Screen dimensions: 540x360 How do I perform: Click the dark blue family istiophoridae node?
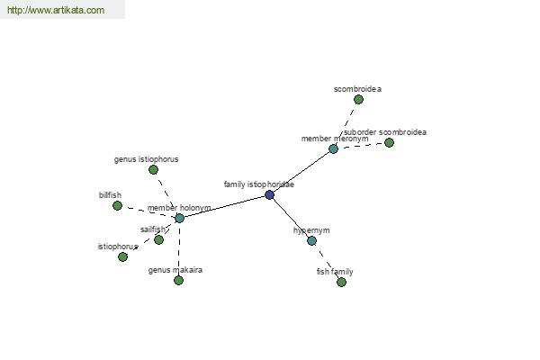(270, 195)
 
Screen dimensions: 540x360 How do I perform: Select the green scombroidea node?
(358, 100)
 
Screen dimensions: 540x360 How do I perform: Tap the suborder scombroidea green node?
(389, 142)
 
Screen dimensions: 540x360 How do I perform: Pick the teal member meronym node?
(333, 148)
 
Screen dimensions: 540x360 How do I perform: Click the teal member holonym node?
(179, 218)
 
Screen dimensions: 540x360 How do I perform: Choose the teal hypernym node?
(311, 241)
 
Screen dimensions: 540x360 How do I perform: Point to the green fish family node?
(341, 282)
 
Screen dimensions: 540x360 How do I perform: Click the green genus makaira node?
(178, 281)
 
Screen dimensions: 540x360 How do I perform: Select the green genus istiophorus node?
(153, 169)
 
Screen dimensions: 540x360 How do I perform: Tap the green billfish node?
(117, 206)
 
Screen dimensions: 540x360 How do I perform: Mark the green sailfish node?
(158, 239)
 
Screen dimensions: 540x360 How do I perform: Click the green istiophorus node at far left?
(122, 256)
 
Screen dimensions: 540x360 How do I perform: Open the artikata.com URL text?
(56, 10)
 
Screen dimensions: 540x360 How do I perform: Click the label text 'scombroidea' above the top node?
(357, 89)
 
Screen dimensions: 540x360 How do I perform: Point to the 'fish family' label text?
(335, 272)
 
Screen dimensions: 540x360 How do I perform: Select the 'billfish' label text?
(110, 195)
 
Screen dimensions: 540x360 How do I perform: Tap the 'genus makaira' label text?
(175, 270)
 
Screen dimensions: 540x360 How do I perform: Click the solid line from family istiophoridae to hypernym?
(291, 218)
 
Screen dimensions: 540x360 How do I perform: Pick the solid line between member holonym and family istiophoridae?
(224, 207)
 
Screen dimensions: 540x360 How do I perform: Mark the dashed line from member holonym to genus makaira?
(179, 249)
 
